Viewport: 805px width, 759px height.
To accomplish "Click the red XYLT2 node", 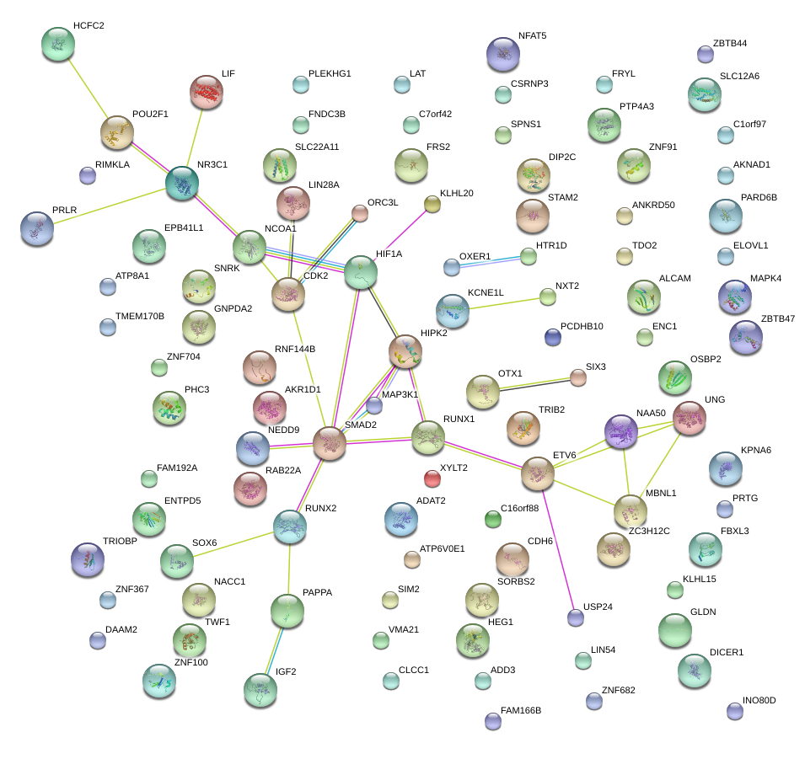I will click(x=432, y=478).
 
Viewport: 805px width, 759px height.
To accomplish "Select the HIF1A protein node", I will click(x=361, y=272).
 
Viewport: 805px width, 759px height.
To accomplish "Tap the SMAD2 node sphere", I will click(x=330, y=443).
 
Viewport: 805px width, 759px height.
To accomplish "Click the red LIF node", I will click(x=207, y=92).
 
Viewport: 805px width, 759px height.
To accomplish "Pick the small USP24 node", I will click(x=576, y=617).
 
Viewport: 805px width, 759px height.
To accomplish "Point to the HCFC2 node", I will click(x=57, y=43).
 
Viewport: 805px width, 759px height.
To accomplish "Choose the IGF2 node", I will click(x=260, y=689).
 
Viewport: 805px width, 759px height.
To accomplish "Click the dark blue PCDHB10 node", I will click(x=552, y=337).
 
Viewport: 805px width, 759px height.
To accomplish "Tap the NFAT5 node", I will click(x=503, y=54).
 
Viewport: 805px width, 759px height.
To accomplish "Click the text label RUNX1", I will click(x=459, y=420).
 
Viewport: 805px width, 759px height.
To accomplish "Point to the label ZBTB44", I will click(x=729, y=43).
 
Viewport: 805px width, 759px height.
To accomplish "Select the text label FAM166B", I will click(x=520, y=710).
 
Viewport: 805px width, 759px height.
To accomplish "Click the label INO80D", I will click(x=759, y=700).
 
